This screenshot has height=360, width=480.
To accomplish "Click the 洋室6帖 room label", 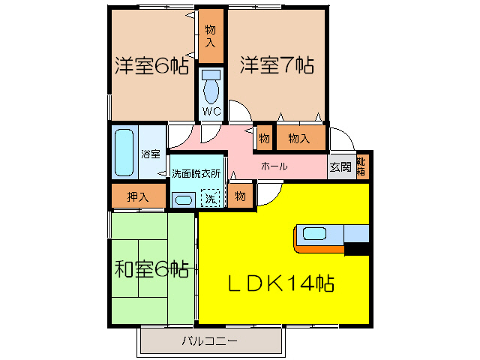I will pyautogui.click(x=151, y=66).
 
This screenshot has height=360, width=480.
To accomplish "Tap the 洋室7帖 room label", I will pyautogui.click(x=277, y=66).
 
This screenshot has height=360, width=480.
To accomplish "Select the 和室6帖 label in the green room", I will pyautogui.click(x=151, y=268).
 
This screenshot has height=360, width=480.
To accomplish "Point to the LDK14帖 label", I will pyautogui.click(x=281, y=283).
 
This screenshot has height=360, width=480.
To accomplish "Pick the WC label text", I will pyautogui.click(x=211, y=111).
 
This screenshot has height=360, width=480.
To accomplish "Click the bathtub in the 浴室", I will pyautogui.click(x=124, y=152).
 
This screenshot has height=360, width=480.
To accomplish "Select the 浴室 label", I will pyautogui.click(x=151, y=154).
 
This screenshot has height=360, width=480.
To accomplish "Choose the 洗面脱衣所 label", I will pyautogui.click(x=196, y=172).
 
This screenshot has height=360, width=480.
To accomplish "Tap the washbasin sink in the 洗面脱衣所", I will pyautogui.click(x=182, y=199).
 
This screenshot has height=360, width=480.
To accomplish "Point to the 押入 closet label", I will pyautogui.click(x=136, y=197).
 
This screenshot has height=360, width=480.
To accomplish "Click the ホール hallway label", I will pyautogui.click(x=274, y=166).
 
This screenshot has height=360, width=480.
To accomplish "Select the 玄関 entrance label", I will pyautogui.click(x=340, y=167).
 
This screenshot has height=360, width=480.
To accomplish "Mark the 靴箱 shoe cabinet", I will pyautogui.click(x=361, y=166).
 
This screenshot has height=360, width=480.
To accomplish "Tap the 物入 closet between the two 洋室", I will pyautogui.click(x=211, y=35).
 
